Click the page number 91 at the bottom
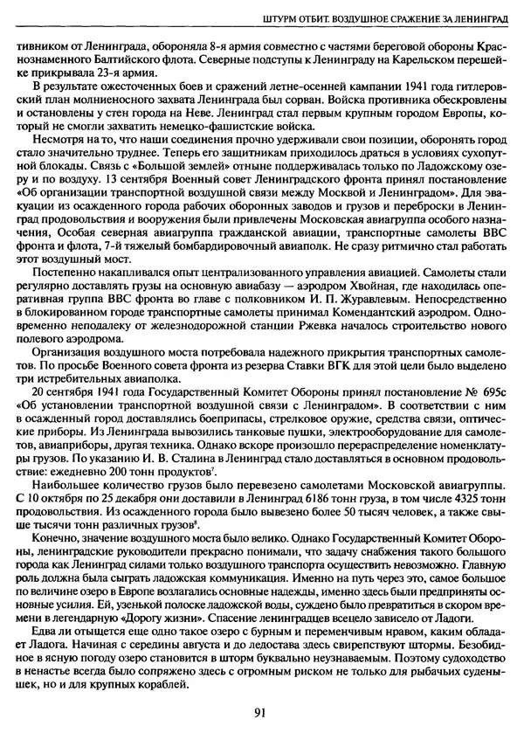tap(260, 711)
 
